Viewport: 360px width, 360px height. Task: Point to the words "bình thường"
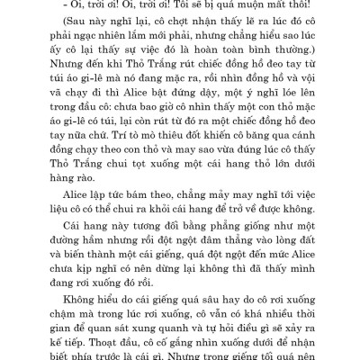(x=282, y=62)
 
